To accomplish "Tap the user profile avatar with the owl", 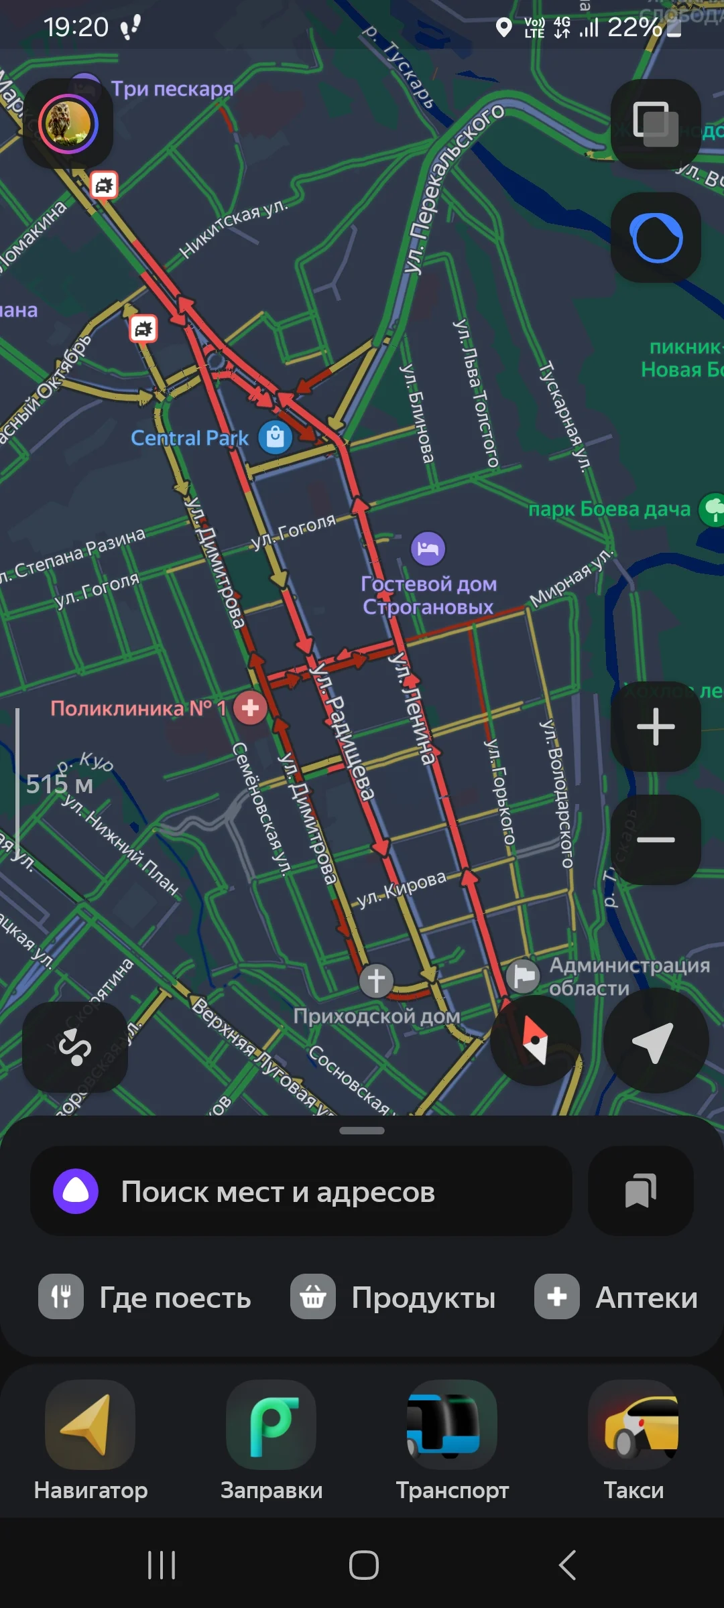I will (x=68, y=124).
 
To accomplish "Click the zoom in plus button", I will (x=656, y=727).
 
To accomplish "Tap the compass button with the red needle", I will (x=535, y=1041).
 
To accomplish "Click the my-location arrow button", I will (x=655, y=1041).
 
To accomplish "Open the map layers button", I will (x=656, y=124).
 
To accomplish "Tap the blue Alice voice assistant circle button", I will (x=656, y=238).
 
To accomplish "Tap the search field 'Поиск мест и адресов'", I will (x=302, y=1192).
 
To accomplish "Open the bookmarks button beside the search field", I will (x=640, y=1191).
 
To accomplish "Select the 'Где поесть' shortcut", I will (x=145, y=1298).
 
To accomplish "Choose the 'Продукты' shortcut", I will (x=393, y=1298).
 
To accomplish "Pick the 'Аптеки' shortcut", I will (x=615, y=1298).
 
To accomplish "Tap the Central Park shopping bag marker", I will (x=276, y=438).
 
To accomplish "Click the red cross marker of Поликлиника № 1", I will (x=250, y=708).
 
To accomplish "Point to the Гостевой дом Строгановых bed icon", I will (x=428, y=549).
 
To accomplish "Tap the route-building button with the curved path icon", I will (x=75, y=1047).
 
